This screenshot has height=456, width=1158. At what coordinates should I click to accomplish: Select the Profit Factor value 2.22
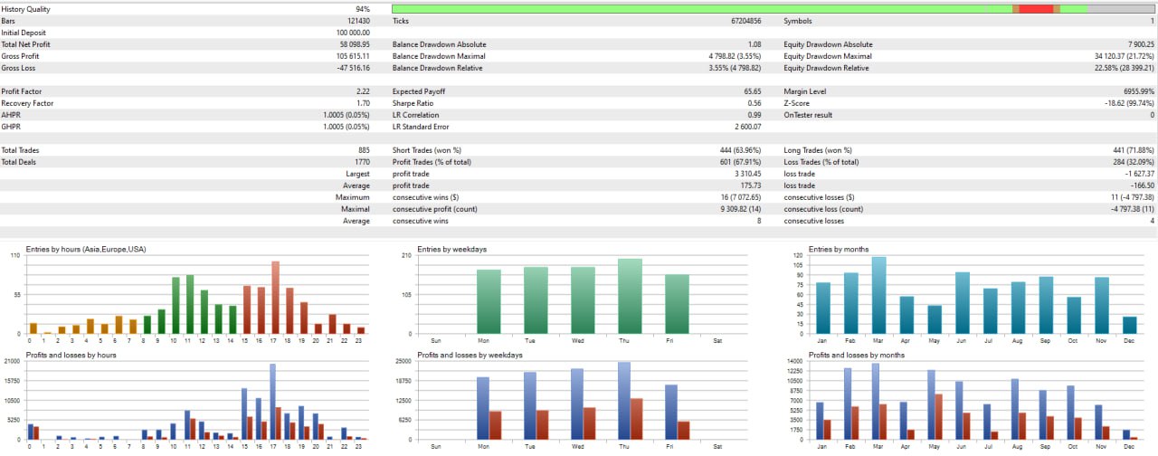pos(363,91)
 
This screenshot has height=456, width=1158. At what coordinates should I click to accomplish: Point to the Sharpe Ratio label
pos(413,103)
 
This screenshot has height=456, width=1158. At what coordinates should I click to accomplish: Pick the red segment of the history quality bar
pos(1036,9)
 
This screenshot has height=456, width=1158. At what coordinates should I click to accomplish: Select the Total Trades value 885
pos(363,150)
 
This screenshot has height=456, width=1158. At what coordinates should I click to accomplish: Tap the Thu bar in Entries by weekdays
pos(630,296)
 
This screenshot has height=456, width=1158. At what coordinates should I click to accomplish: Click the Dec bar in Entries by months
pos(1130,325)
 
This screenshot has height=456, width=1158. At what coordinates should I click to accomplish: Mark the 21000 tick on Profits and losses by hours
pos(14,361)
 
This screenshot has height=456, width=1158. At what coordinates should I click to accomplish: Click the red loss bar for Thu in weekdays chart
pos(637,419)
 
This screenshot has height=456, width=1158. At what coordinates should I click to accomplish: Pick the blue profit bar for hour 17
pos(272,402)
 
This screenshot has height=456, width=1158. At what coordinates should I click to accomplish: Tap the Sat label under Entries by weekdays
pos(717,340)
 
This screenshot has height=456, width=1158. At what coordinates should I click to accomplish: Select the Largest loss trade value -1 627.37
pos(1134,174)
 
